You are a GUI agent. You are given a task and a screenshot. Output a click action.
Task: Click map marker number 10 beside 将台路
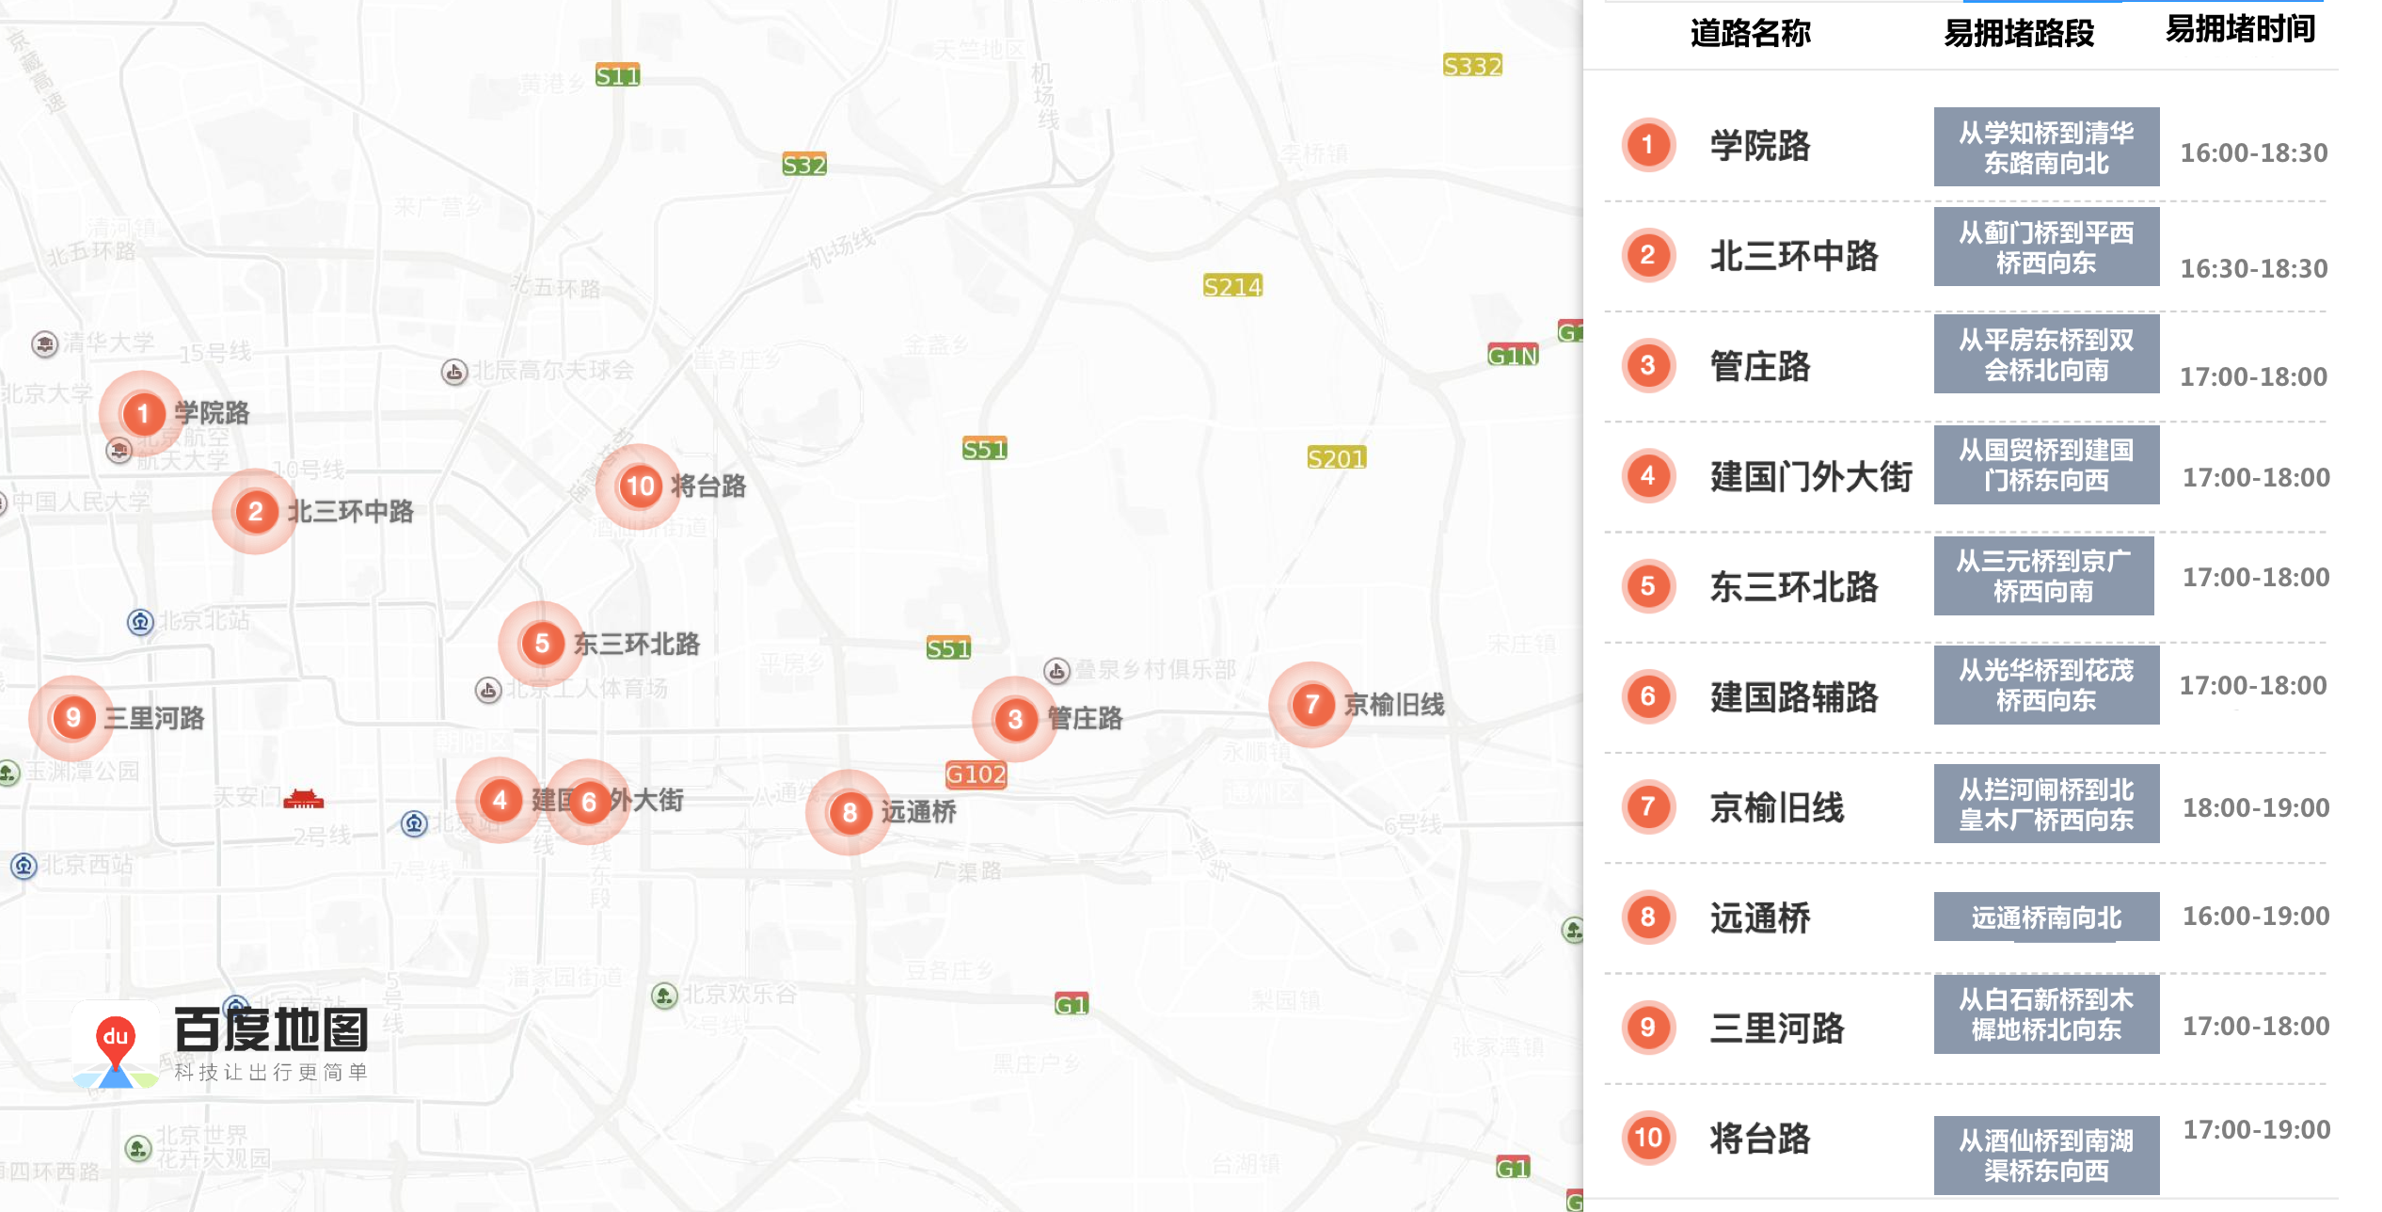click(x=640, y=486)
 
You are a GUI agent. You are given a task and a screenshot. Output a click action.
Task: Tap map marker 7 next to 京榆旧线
click(x=1311, y=705)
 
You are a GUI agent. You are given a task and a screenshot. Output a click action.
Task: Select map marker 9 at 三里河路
click(x=72, y=718)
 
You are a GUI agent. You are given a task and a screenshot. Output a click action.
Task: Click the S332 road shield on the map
click(x=1472, y=66)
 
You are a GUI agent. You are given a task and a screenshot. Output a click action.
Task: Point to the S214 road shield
click(x=1232, y=286)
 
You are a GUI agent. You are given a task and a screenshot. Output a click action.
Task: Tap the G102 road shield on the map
click(x=976, y=774)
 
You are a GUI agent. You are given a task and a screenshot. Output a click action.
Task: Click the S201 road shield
click(x=1336, y=458)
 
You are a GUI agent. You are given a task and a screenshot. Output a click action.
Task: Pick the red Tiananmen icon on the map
click(x=303, y=800)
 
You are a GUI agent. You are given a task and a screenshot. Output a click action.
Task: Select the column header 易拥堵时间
click(x=2240, y=29)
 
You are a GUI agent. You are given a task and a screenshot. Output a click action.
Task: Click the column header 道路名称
click(x=1750, y=34)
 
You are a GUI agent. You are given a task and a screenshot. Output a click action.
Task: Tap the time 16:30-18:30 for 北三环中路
click(x=2253, y=269)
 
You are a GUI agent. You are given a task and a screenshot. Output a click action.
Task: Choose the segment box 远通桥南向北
click(x=2046, y=917)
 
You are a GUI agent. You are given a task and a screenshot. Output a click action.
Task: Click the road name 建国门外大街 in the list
click(x=1811, y=477)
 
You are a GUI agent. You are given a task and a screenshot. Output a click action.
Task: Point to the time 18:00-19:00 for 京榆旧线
click(x=2255, y=807)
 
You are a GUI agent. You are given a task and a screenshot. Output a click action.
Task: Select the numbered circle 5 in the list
click(x=1647, y=586)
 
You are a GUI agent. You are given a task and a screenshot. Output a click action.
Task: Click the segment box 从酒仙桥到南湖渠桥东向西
click(x=2046, y=1156)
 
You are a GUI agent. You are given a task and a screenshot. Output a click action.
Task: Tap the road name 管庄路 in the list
click(x=1759, y=367)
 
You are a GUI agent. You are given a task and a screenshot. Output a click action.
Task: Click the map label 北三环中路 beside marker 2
click(x=350, y=512)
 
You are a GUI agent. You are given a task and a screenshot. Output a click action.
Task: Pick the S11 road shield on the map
click(x=617, y=76)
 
